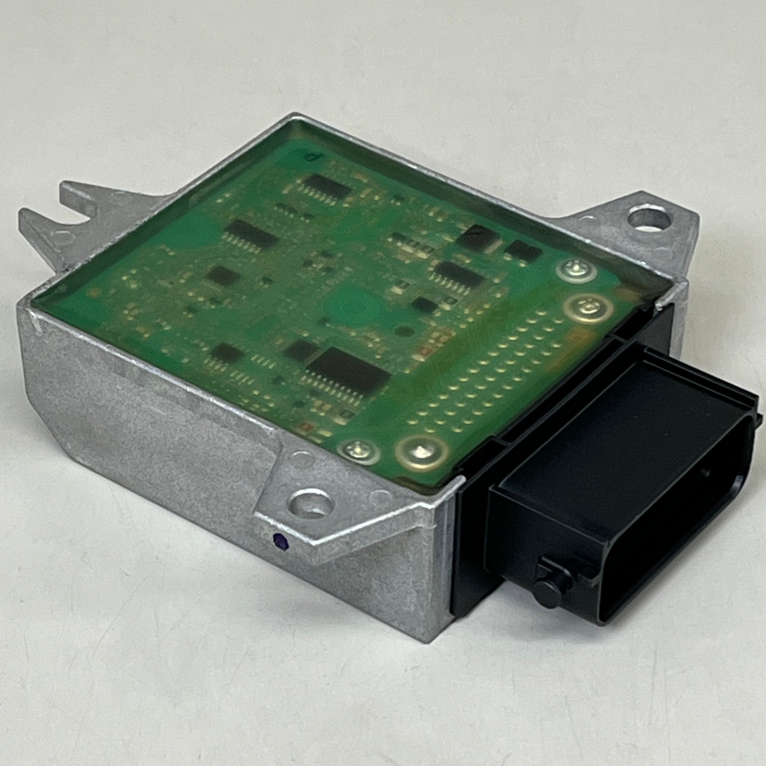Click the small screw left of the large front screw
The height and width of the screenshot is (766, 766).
point(358,451)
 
